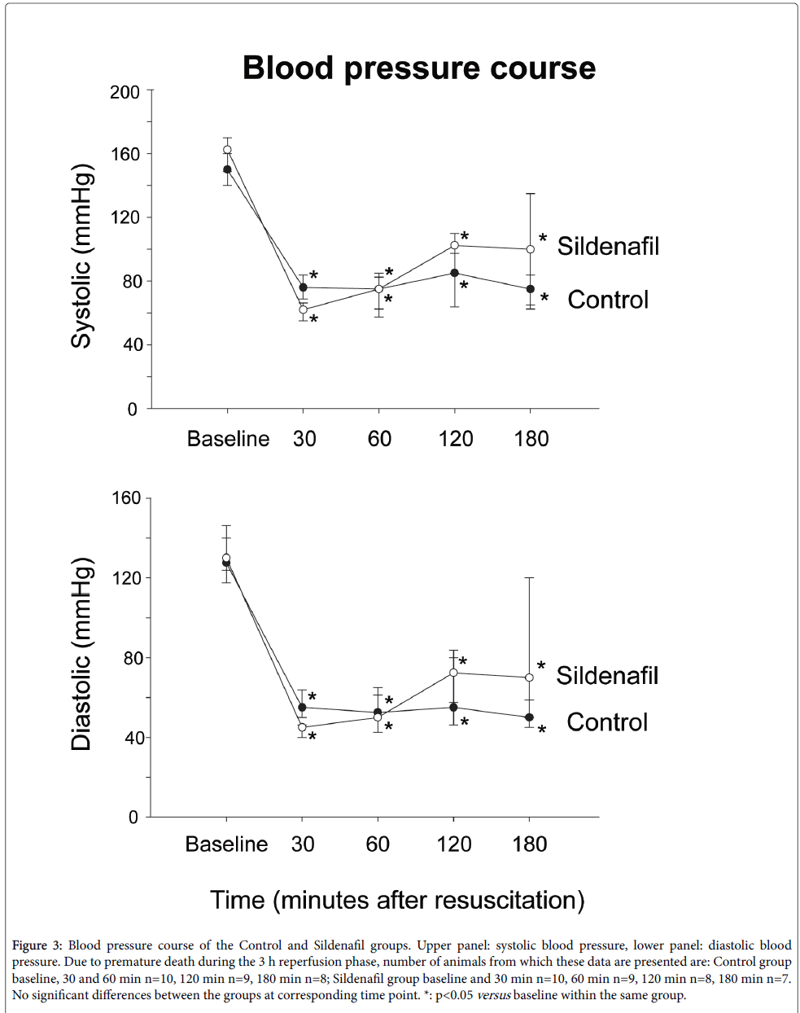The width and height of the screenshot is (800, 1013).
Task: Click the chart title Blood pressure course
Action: [x=419, y=68]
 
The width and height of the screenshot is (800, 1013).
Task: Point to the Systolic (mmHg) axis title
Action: [x=82, y=257]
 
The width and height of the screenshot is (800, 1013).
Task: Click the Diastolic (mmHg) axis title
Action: [x=82, y=654]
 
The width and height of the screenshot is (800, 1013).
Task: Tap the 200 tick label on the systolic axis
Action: [x=125, y=92]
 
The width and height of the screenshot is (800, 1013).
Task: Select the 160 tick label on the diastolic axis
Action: [x=125, y=498]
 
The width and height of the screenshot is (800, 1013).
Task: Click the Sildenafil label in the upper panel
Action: [x=608, y=246]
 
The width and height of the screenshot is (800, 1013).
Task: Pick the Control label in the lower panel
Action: [x=607, y=722]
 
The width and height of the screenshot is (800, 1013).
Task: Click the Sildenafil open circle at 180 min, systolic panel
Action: [x=531, y=249]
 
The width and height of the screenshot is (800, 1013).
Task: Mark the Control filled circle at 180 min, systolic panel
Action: [x=531, y=289]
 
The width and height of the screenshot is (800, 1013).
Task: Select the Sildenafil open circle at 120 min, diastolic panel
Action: [x=453, y=673]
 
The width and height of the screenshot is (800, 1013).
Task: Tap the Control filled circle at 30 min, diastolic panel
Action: [x=303, y=707]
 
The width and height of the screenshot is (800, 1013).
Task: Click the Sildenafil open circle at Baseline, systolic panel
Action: [x=227, y=150]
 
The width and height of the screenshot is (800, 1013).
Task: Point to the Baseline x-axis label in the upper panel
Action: [x=228, y=439]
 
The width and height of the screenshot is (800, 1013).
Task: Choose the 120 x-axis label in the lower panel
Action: [x=454, y=844]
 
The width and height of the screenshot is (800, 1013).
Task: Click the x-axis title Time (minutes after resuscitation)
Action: [x=397, y=900]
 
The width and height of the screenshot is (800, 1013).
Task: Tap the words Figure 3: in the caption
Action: [x=37, y=945]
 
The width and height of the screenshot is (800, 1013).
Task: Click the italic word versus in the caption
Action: [x=493, y=995]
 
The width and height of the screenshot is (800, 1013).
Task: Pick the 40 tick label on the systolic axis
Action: [x=129, y=345]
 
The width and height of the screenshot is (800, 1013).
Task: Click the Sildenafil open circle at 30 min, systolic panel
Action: [x=303, y=309]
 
